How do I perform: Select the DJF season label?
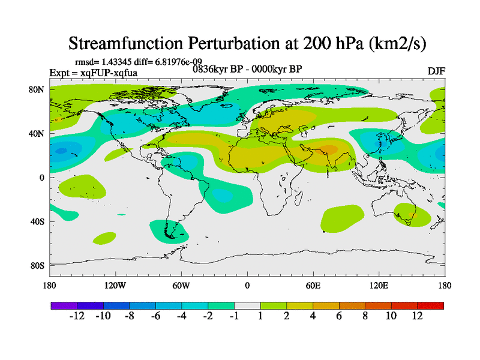click(x=436, y=71)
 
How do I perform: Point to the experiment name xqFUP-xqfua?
click(x=108, y=73)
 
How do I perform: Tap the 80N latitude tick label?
click(x=37, y=89)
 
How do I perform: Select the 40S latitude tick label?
click(x=37, y=221)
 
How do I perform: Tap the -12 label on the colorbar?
click(x=77, y=316)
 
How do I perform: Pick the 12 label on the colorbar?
click(x=418, y=316)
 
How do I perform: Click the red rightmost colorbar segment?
click(x=431, y=306)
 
